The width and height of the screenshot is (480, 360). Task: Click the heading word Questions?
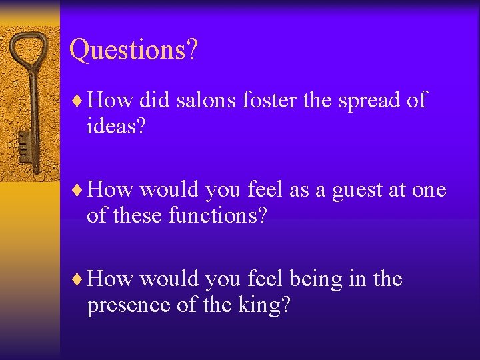[133, 50]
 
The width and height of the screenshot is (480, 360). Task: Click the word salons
[206, 101]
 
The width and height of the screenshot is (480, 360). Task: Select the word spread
[371, 101]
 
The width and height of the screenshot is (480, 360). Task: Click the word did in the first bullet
[154, 101]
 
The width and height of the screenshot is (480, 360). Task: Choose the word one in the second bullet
[429, 191]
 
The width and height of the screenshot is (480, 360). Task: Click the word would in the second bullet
[169, 190]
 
